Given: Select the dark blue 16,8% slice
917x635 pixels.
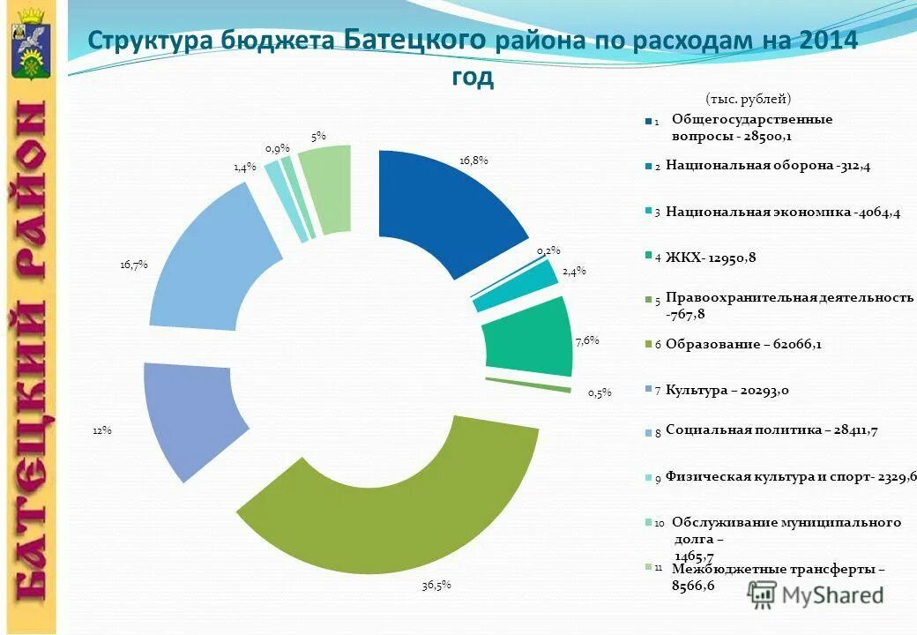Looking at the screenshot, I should (441, 203).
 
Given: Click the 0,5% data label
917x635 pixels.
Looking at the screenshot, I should (600, 393).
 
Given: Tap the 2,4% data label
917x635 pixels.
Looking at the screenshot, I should (574, 272).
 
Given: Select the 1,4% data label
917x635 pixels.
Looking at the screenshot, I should (244, 166).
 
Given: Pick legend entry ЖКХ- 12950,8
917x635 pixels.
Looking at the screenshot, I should (712, 257).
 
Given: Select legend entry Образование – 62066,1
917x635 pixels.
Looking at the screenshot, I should (743, 344).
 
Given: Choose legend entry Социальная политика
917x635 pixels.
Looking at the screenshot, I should (772, 430).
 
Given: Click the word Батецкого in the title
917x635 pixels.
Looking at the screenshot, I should (414, 40).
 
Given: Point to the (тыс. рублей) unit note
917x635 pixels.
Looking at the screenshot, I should (749, 99).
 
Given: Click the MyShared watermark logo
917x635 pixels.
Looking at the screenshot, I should (816, 594).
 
